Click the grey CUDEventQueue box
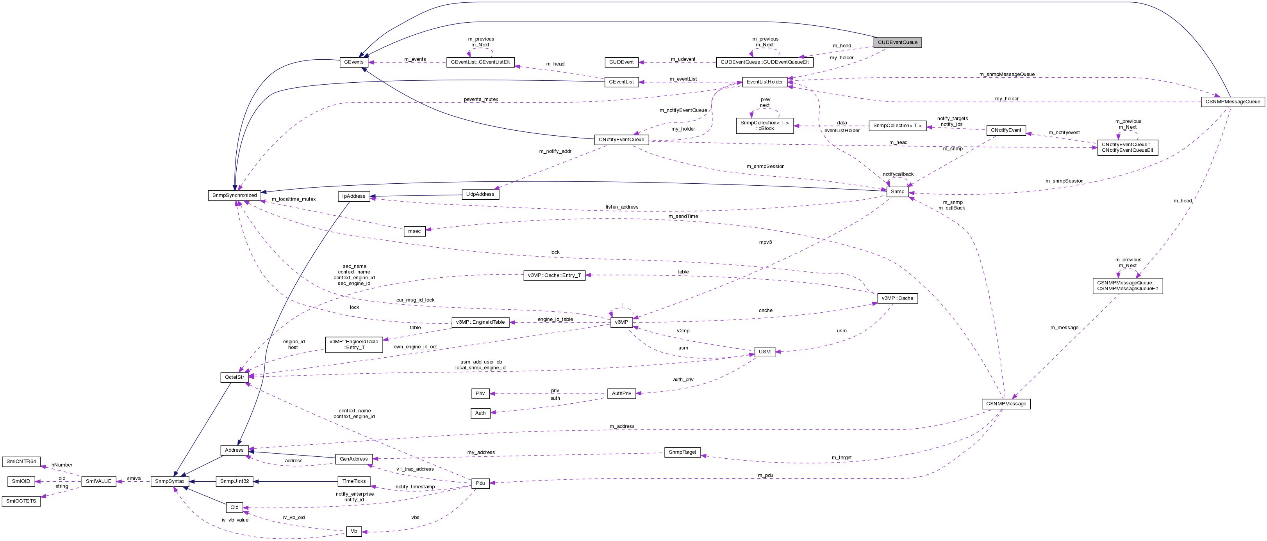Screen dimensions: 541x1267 (898, 42)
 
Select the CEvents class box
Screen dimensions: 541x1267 (353, 62)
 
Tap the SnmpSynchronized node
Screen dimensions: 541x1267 (235, 195)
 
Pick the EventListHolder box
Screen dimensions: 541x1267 (764, 82)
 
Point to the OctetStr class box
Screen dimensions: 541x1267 (234, 377)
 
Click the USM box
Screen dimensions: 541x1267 (764, 352)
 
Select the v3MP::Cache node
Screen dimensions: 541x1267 (897, 298)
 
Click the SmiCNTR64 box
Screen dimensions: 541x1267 (21, 462)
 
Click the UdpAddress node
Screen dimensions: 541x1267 (480, 195)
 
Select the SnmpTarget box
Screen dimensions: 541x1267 (682, 452)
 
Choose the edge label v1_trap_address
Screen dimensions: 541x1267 (415, 469)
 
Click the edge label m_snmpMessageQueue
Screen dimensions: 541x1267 (1007, 74)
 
